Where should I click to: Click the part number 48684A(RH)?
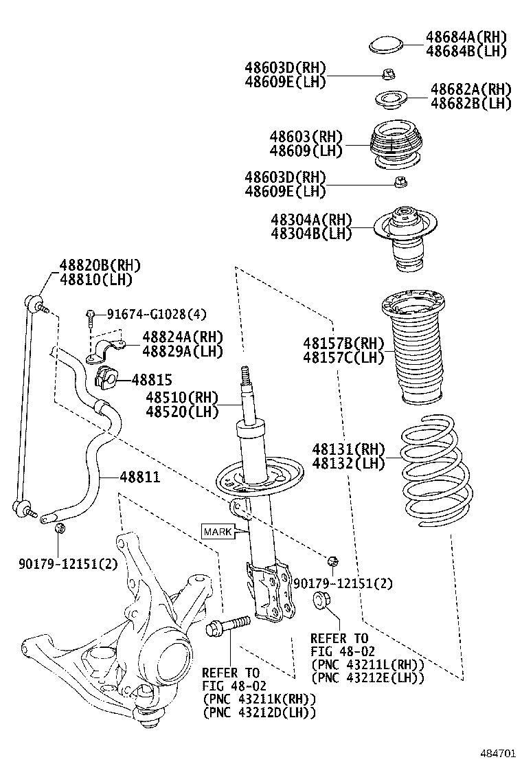pos(466,37)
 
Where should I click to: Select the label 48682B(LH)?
pos(471,103)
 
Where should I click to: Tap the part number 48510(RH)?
pos(181,398)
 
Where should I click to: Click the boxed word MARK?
pos(217,531)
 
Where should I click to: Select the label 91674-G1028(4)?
pos(156,315)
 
